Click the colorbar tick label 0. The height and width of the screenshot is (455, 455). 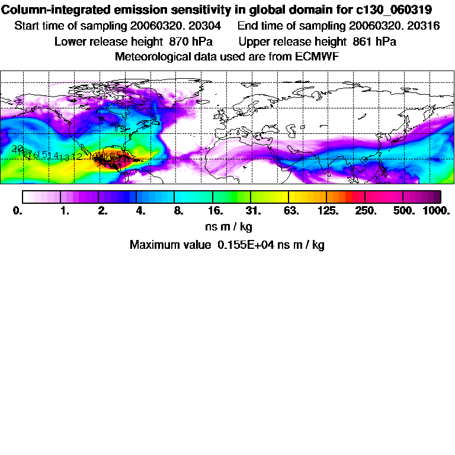coord(17,210)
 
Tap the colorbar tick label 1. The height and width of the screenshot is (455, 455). coord(65,210)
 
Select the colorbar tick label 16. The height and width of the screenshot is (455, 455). coord(215,210)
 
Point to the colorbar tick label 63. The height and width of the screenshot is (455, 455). coord(290,210)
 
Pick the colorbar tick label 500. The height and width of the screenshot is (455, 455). coord(403,210)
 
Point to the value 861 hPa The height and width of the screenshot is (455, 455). coord(374,41)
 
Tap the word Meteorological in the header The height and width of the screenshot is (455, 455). coord(155,56)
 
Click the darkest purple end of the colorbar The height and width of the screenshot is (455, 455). coord(437,196)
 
